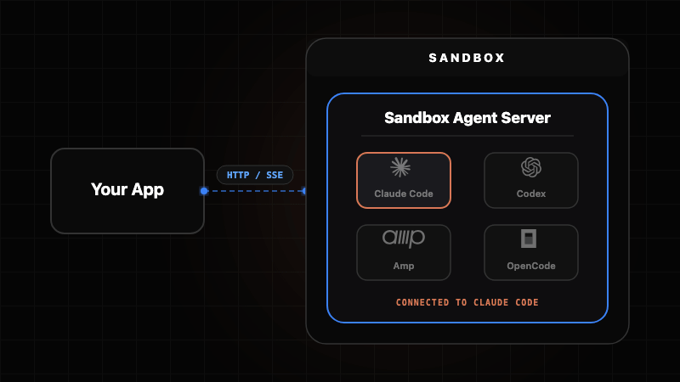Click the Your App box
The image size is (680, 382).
click(x=127, y=191)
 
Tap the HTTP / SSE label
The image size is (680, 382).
click(x=255, y=175)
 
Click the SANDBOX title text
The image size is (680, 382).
click(x=467, y=59)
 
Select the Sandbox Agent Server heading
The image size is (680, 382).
click(x=467, y=118)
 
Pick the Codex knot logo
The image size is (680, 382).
click(x=531, y=167)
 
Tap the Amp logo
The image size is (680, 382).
click(x=403, y=239)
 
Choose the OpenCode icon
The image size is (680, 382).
click(x=530, y=239)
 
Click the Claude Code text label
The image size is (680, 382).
click(x=404, y=194)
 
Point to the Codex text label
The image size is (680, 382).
click(x=531, y=194)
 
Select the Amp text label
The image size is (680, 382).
click(x=404, y=266)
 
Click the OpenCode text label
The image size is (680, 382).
click(x=531, y=266)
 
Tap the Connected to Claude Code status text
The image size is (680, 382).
click(x=467, y=302)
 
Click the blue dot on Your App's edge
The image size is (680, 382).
click(x=204, y=191)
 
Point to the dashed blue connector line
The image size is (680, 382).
click(x=255, y=191)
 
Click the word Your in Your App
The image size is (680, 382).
click(x=109, y=189)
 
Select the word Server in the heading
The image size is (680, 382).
click(x=525, y=118)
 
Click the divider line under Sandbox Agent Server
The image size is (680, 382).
click(x=467, y=136)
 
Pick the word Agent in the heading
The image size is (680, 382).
click(x=472, y=119)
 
